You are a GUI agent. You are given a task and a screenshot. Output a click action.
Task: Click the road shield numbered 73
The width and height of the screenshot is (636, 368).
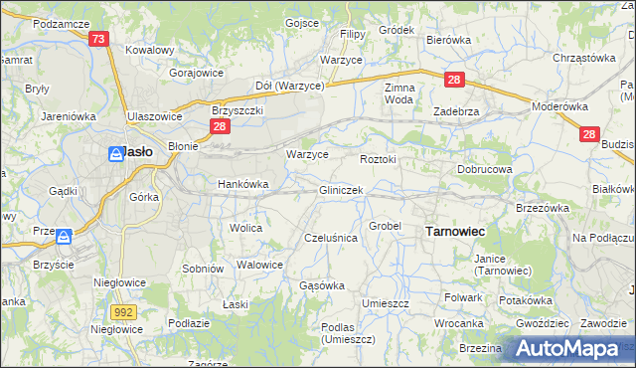coord(97,39)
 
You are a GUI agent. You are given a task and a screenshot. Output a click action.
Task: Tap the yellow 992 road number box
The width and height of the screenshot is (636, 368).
coord(123,311)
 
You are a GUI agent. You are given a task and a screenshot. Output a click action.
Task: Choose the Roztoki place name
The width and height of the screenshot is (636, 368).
coord(378,159)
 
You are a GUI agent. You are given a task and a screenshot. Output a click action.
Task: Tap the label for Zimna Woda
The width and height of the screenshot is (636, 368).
coord(398,93)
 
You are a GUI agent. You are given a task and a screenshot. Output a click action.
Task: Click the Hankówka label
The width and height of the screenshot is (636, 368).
coord(243,184)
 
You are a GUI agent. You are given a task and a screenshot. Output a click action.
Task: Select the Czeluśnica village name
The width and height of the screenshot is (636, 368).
coord(330,238)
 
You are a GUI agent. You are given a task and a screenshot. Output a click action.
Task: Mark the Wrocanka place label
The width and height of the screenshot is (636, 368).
coord(458,323)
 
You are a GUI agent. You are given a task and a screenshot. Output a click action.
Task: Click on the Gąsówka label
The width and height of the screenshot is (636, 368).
coord(322,285)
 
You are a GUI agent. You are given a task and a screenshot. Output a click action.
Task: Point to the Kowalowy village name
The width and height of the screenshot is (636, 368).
coord(150,49)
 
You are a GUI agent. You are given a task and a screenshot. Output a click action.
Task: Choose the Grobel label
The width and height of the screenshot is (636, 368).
coord(385,226)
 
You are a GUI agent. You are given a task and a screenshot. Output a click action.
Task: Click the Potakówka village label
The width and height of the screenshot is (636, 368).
coord(526,300)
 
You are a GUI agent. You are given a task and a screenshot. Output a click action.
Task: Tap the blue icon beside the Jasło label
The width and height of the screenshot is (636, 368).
coord(111,152)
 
